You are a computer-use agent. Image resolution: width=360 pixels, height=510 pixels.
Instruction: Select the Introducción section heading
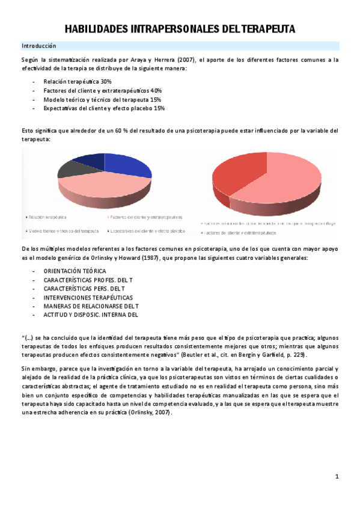(x=38, y=46)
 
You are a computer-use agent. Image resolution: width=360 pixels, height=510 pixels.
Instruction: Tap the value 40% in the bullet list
(x=156, y=90)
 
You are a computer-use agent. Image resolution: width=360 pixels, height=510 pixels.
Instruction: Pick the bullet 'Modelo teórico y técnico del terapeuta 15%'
(x=102, y=99)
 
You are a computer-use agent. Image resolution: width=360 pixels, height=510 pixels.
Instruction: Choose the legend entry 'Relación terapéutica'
(x=48, y=217)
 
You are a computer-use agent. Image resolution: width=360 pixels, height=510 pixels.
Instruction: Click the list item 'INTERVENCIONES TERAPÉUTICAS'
(x=88, y=297)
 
